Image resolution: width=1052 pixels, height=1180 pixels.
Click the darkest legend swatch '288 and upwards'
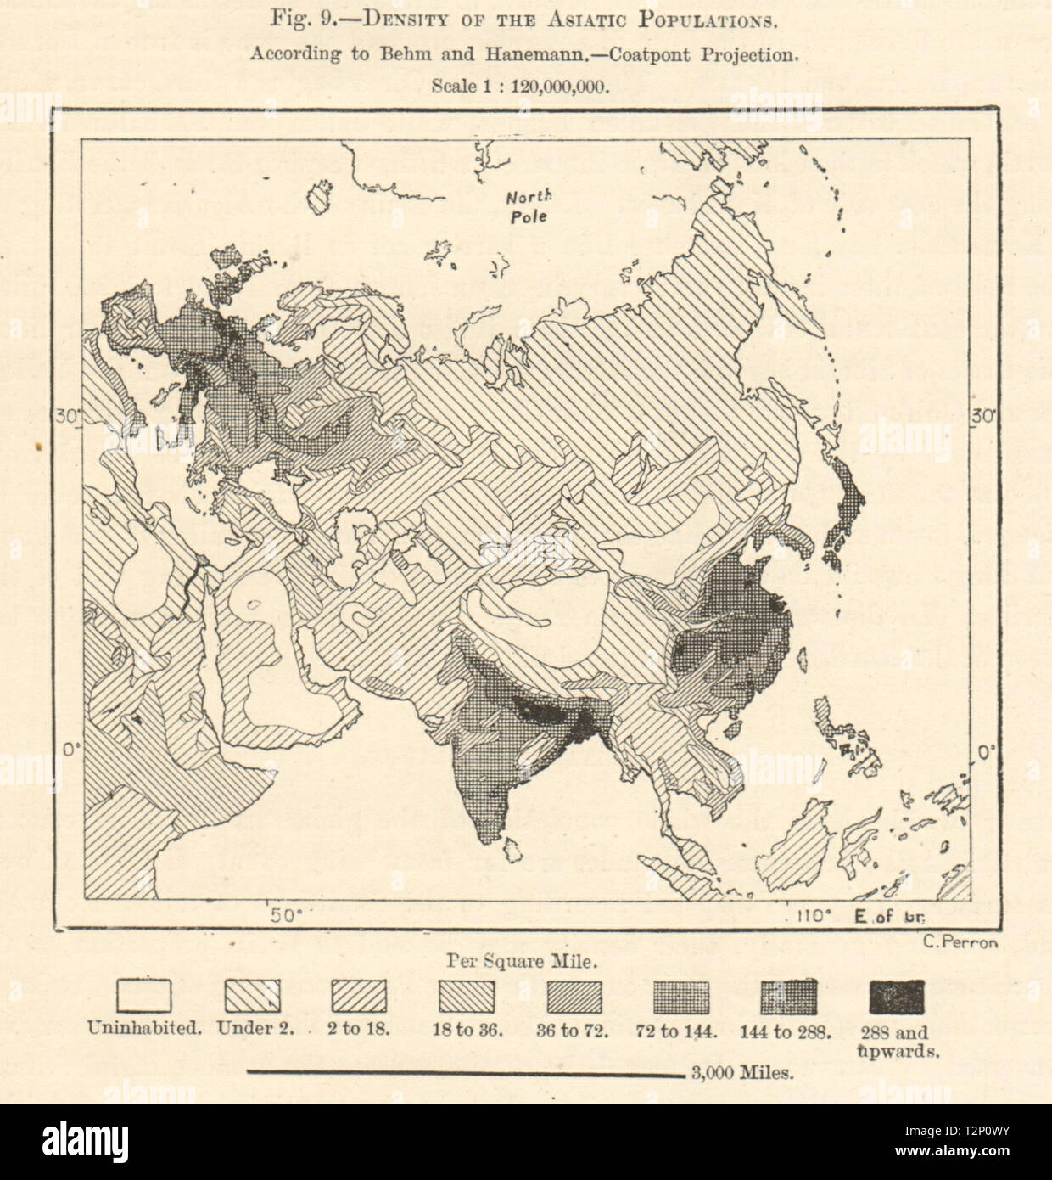pyautogui.click(x=897, y=997)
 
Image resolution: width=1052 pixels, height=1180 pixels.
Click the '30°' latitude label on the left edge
pyautogui.click(x=68, y=417)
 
